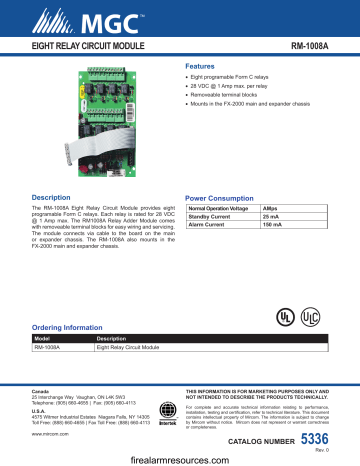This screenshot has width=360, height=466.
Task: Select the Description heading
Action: pos(51,197)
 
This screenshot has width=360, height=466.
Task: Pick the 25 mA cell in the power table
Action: pos(272,216)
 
